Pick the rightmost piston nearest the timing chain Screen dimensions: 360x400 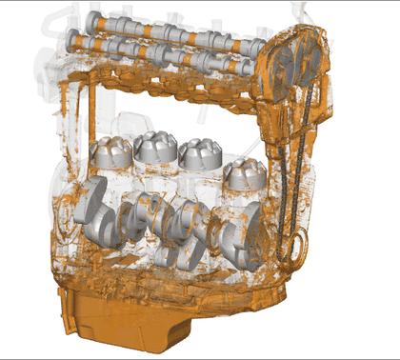coord(245,173)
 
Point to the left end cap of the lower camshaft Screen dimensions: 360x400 coord(74,39)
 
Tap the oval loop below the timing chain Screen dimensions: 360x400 coord(296,250)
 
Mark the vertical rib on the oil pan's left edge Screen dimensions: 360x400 coord(64,310)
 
